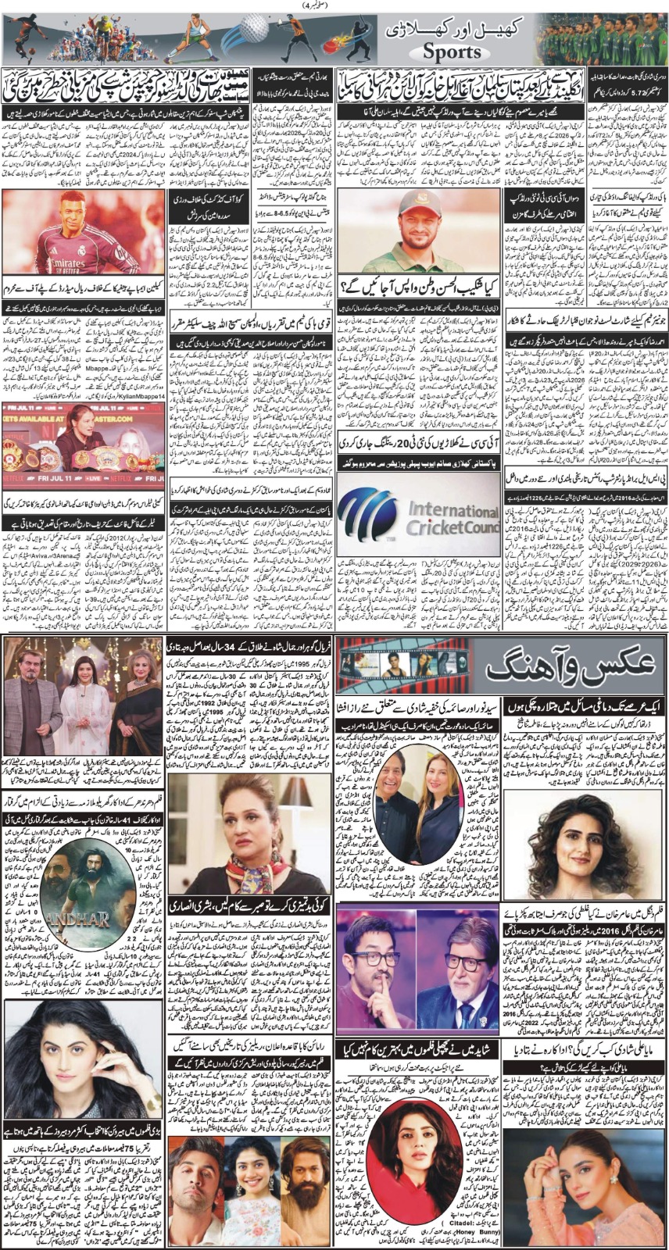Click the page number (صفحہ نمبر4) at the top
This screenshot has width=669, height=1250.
334,6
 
